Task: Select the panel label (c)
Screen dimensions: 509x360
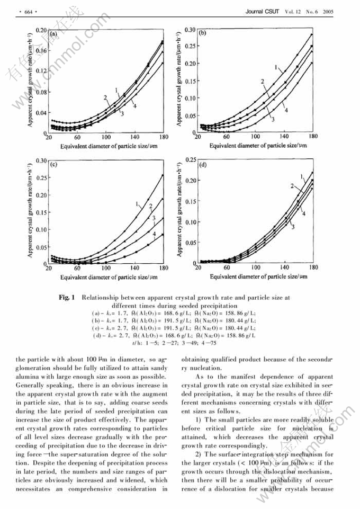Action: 53,165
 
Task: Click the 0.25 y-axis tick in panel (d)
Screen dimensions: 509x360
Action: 190,159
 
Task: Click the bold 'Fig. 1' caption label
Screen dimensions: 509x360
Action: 68,298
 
